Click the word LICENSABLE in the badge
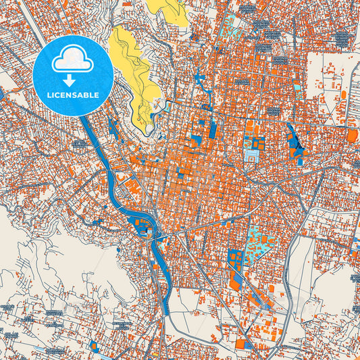pyautogui.click(x=72, y=95)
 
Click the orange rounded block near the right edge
pyautogui.click(x=352, y=136)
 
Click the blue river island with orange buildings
pyautogui.click(x=143, y=226)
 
